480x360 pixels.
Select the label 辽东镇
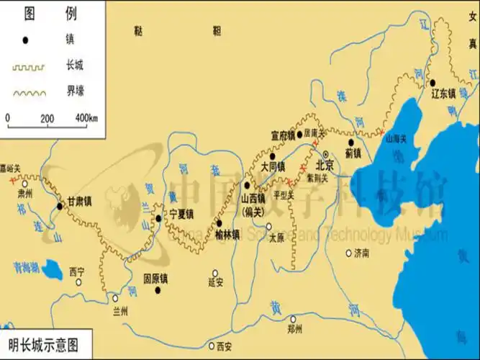(x=443, y=94)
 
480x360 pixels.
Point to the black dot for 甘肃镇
(x=59, y=207)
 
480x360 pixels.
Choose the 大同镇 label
(x=273, y=166)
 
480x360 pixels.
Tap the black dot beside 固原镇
(x=157, y=290)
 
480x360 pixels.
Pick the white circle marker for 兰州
(x=114, y=297)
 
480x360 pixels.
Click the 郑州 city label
(x=295, y=329)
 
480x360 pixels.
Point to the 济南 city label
(x=361, y=253)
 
